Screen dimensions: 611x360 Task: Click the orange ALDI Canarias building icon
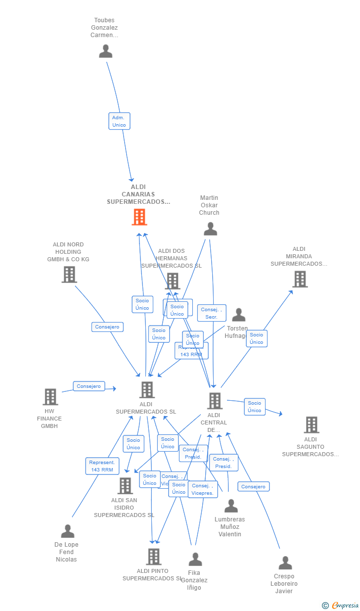[x=139, y=217]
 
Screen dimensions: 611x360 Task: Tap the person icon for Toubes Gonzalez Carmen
[x=105, y=51]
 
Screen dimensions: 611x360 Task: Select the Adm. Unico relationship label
[x=119, y=121]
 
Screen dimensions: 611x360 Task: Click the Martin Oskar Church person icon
[x=210, y=229]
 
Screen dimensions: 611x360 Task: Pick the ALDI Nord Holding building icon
[x=69, y=275]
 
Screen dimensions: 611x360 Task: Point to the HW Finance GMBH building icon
[x=50, y=397]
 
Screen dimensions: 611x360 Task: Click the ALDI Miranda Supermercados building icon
[x=300, y=279]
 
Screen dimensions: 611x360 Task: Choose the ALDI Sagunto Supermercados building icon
[x=311, y=424]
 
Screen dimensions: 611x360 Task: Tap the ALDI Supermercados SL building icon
[x=147, y=390]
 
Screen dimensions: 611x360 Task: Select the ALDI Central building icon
[x=215, y=401]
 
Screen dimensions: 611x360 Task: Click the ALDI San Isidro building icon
[x=125, y=486]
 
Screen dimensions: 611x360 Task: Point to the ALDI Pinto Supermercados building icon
[x=154, y=557]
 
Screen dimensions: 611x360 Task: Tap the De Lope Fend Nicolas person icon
[x=67, y=531]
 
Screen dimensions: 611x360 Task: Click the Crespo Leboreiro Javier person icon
[x=285, y=563]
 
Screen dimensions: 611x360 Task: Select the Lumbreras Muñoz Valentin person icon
[x=231, y=506]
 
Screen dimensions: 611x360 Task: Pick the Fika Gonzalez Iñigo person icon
[x=195, y=560]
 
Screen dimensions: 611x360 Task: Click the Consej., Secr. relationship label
[x=212, y=313]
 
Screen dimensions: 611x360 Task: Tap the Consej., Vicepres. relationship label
[x=203, y=489]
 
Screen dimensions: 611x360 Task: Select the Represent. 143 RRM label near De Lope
[x=102, y=466]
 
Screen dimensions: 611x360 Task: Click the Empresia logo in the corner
[x=341, y=605]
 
